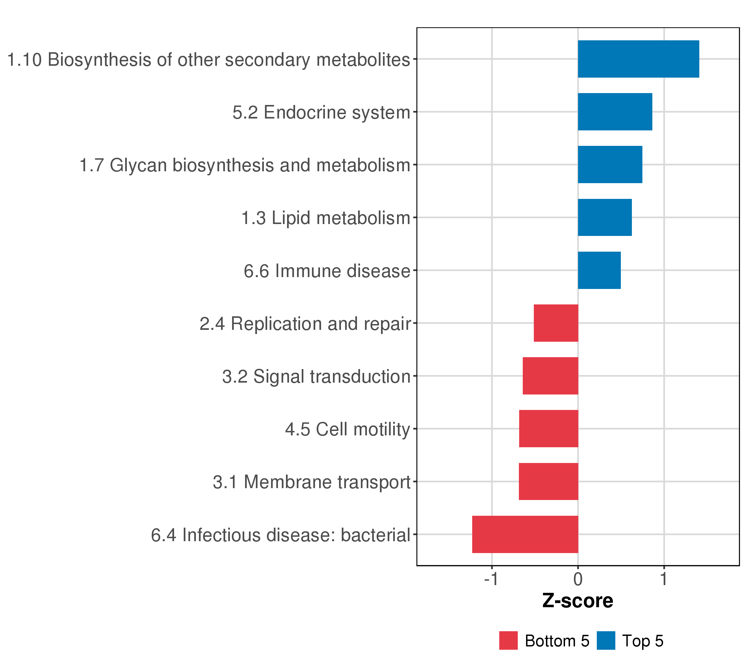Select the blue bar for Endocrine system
[x=615, y=112]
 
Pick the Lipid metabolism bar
[x=605, y=217]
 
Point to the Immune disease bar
[x=599, y=270]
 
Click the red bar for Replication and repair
[x=556, y=323]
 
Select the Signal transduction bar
[x=550, y=376]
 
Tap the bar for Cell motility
[x=548, y=429]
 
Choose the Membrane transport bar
[x=548, y=482]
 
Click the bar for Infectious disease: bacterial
[x=525, y=534]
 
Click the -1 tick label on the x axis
[x=491, y=580]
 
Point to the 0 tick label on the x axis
[x=578, y=580]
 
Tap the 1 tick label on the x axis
[x=664, y=580]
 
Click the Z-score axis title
[x=578, y=601]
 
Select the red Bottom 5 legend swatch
[x=508, y=641]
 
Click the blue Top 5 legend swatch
[x=606, y=641]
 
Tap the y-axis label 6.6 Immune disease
[x=327, y=271]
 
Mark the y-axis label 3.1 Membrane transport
[x=312, y=482]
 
